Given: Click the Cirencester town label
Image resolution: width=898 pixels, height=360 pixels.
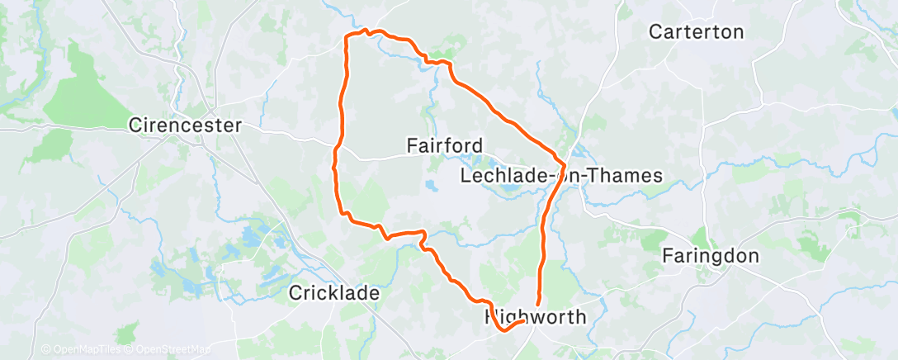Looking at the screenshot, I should (185, 126).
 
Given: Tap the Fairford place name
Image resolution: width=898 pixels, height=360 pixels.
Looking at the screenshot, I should (445, 145).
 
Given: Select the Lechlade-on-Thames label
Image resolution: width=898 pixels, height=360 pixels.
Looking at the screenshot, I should (561, 176).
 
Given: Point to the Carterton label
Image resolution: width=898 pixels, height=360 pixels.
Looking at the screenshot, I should (697, 32).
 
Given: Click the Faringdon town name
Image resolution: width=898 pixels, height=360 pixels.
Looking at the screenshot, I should (711, 256).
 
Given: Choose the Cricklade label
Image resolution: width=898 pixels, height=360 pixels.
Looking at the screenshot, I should (334, 293).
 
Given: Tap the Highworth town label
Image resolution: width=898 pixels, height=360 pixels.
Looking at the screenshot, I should (535, 317).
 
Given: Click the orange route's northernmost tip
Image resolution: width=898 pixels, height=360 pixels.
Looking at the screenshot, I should (366, 30).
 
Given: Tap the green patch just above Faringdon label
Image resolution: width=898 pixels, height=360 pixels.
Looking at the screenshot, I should (701, 237).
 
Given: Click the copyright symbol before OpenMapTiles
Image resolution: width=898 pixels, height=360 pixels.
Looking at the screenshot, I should (45, 349).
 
